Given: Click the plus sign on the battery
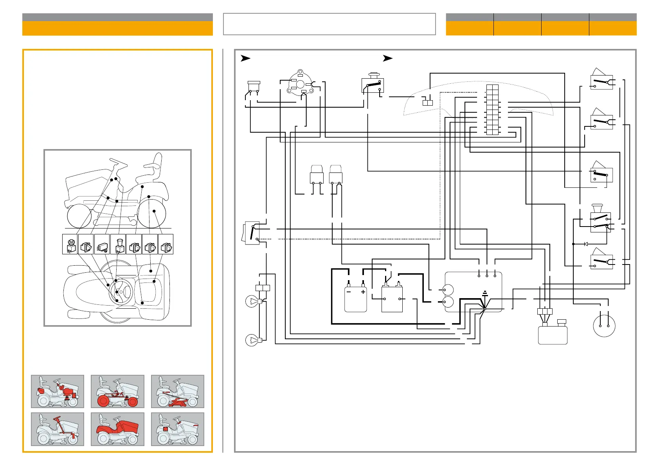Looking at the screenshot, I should click(x=363, y=292).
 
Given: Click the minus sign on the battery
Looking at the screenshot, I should click(x=349, y=292).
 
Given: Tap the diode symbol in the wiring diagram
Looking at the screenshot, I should click(x=586, y=244).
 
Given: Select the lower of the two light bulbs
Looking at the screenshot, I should click(x=252, y=340).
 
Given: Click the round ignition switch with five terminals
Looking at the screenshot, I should click(x=300, y=83).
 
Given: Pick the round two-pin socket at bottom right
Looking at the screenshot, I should click(x=604, y=326).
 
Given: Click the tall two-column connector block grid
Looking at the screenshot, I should click(x=493, y=110).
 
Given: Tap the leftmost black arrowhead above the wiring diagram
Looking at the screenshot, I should click(x=245, y=58).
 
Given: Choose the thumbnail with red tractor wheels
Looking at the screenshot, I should click(x=117, y=391).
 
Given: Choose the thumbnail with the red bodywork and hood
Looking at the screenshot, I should click(x=117, y=429).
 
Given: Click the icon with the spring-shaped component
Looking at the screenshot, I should click(x=102, y=244).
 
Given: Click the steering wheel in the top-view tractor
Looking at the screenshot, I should click(x=121, y=291).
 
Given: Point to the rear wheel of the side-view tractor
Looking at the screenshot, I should click(x=152, y=214).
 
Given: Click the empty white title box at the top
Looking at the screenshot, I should click(x=329, y=24).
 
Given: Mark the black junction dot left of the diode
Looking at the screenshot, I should click(x=573, y=244).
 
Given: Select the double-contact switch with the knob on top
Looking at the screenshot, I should click(x=600, y=221).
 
